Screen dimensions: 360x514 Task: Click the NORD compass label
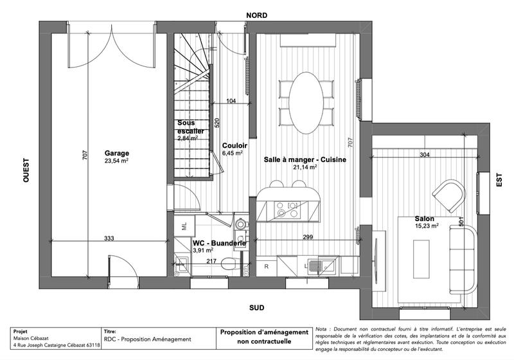tap(256, 14)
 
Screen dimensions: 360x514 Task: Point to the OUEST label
tap(26, 172)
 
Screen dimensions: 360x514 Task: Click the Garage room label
tap(116, 153)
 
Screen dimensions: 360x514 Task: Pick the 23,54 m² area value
tap(116, 161)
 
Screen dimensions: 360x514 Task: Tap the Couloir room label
tap(232, 145)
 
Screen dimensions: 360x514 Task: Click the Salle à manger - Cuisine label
tap(305, 159)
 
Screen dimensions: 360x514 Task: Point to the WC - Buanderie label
tap(219, 244)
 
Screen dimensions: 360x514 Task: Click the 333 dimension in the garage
tap(109, 239)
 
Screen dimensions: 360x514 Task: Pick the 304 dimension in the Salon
tap(425, 155)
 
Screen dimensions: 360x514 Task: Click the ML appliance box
tap(184, 226)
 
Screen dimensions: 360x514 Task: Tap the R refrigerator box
tap(266, 265)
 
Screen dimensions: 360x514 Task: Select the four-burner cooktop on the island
tap(286, 210)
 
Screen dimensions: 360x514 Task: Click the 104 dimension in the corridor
tap(231, 100)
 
